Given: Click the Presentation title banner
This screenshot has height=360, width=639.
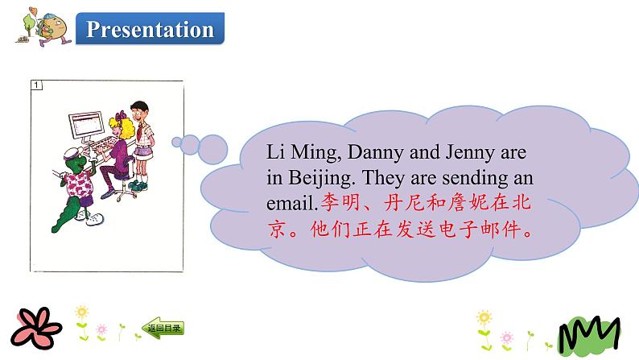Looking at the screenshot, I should [150, 30].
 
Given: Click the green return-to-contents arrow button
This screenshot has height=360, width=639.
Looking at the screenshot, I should [163, 328].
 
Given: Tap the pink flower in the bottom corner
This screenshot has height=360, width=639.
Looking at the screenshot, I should [32, 327].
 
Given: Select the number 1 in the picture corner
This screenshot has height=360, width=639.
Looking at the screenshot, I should [36, 85].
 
